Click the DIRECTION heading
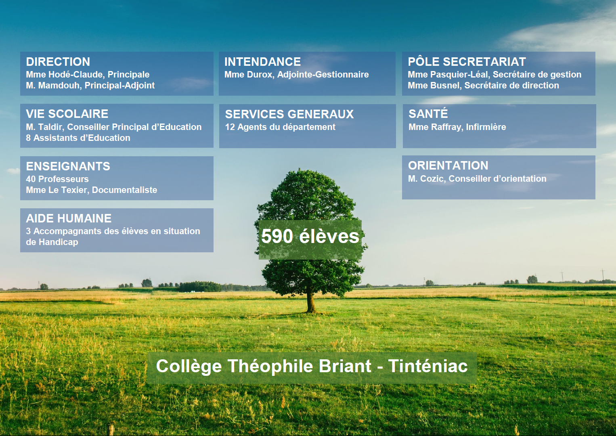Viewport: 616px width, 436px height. click(x=58, y=62)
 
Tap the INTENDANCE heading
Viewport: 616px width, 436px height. click(x=263, y=62)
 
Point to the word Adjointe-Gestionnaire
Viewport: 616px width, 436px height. click(x=323, y=75)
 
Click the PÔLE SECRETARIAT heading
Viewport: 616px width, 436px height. click(x=467, y=62)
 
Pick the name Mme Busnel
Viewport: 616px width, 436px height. click(x=434, y=86)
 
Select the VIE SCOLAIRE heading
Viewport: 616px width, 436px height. click(x=67, y=114)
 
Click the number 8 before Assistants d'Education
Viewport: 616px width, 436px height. click(x=28, y=138)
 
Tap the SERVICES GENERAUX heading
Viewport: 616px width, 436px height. click(x=289, y=114)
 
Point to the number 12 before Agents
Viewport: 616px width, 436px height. click(x=230, y=127)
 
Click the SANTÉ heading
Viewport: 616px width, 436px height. click(x=428, y=113)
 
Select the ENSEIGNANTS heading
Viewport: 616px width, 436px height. click(x=68, y=166)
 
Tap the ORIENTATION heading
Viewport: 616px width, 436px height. click(x=448, y=166)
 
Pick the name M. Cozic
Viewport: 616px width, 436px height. click(x=426, y=179)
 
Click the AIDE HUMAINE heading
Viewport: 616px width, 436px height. click(x=69, y=218)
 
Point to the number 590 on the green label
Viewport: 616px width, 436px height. click(x=277, y=236)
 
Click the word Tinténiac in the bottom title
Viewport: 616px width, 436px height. click(x=427, y=366)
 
